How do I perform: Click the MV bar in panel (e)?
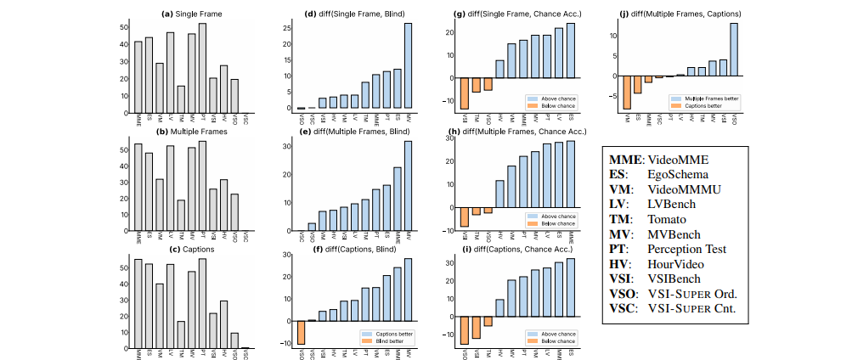point(408,187)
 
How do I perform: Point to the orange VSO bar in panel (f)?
point(301,332)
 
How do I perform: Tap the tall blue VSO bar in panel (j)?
point(733,48)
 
